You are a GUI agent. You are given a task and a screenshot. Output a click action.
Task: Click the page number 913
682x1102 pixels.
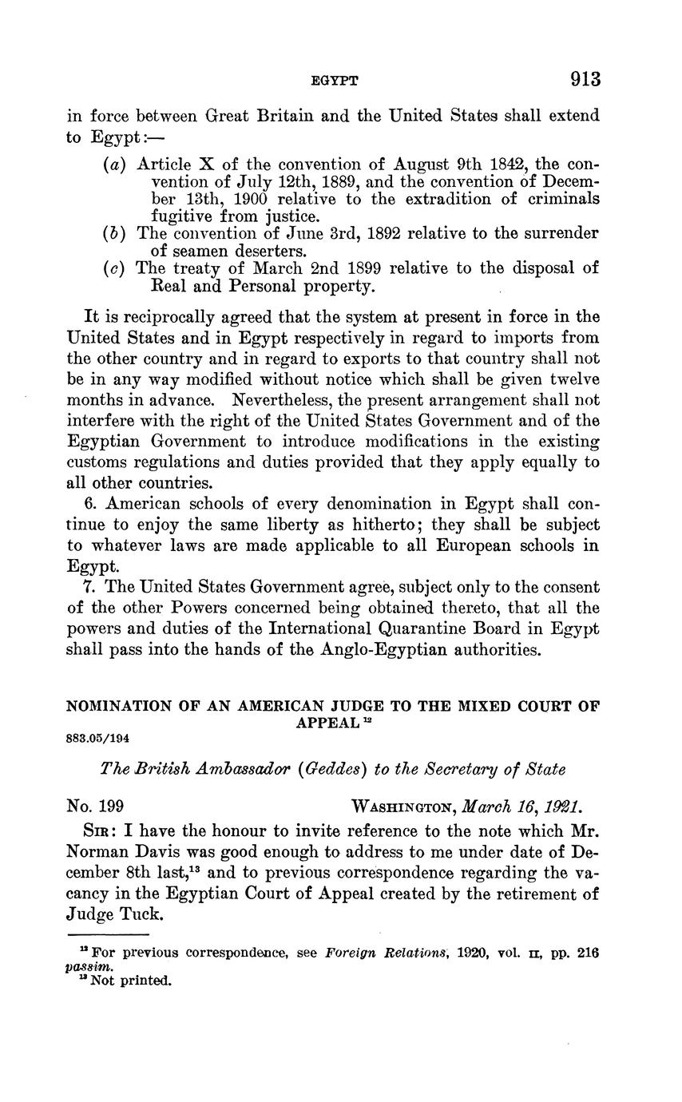point(585,79)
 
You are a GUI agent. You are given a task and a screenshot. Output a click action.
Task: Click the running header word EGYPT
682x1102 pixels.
point(335,81)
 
